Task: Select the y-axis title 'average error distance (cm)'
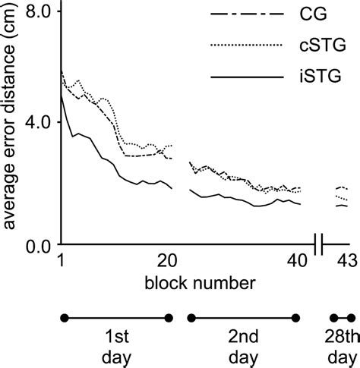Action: point(12,125)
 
